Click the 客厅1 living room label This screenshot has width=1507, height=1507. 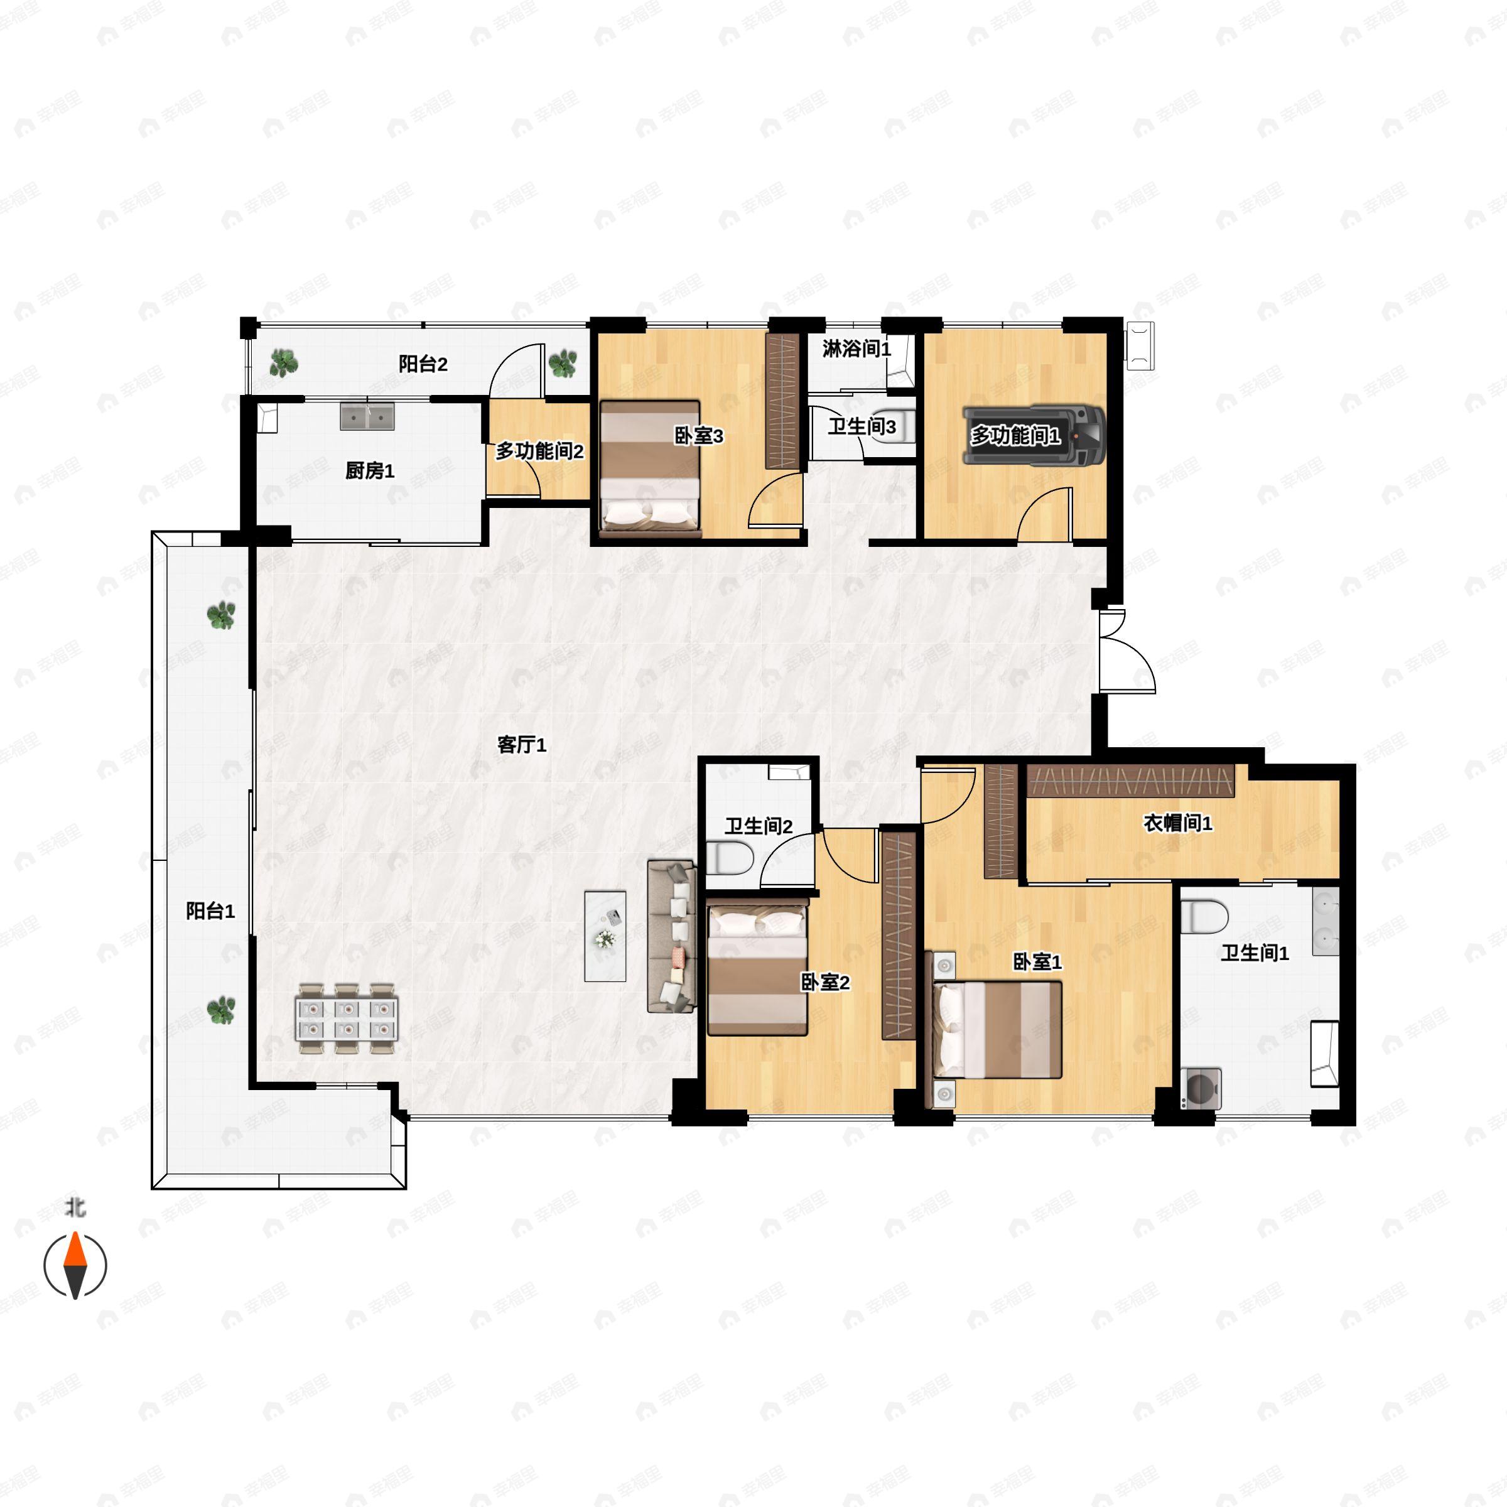click(522, 745)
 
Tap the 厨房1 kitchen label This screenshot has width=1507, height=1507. click(370, 470)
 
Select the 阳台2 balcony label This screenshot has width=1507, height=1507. click(423, 364)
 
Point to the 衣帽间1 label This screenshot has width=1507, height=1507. click(1178, 823)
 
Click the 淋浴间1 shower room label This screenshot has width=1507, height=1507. click(856, 348)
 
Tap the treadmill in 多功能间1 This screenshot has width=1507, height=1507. click(1034, 435)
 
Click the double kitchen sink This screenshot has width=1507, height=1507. click(367, 416)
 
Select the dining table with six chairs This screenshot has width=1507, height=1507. click(347, 1018)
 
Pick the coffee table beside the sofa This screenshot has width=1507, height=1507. click(605, 936)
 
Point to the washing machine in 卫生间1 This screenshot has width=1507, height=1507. click(1201, 1089)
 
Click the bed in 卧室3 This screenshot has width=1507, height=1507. click(649, 470)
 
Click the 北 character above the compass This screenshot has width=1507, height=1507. click(75, 1208)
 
